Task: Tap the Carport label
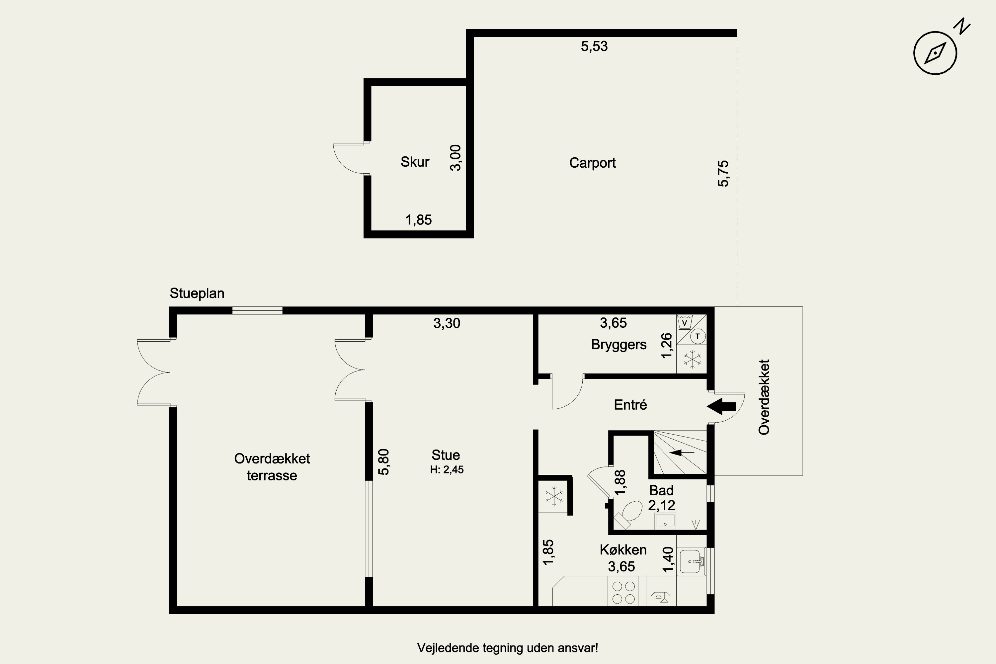point(592,163)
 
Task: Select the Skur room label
point(415,162)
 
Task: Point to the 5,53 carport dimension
point(594,46)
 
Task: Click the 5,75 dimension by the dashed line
point(723,173)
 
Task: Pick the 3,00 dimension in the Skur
point(455,157)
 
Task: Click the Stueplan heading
point(197,293)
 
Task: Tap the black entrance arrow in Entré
point(721,406)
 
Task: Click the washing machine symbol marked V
point(684,322)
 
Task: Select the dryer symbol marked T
point(698,337)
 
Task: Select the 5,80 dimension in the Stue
point(383,462)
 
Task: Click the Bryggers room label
point(619,345)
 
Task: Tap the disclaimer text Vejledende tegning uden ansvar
point(507,648)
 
